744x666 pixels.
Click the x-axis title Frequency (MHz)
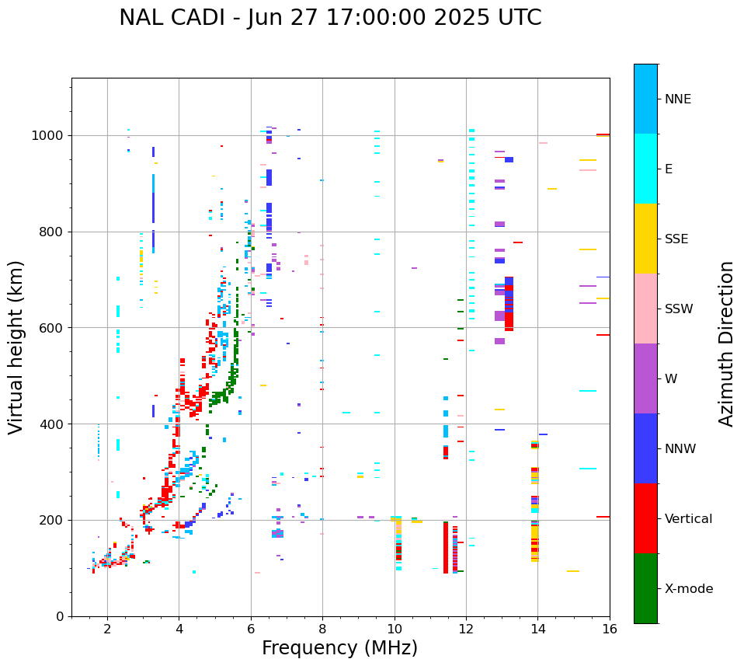pyautogui.click(x=339, y=648)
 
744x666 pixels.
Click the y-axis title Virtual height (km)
pyautogui.click(x=16, y=347)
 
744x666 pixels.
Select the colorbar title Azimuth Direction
pyautogui.click(x=726, y=343)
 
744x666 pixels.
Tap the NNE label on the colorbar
pyautogui.click(x=677, y=99)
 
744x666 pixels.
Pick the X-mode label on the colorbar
pyautogui.click(x=689, y=589)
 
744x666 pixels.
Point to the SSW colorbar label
pyautogui.click(x=679, y=309)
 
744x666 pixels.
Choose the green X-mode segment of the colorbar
pyautogui.click(x=645, y=588)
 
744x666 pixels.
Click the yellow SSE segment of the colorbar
pyautogui.click(x=645, y=239)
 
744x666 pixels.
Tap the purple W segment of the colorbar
pyautogui.click(x=645, y=378)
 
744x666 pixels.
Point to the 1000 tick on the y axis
pyautogui.click(x=48, y=136)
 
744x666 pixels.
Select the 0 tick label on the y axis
pyautogui.click(x=60, y=616)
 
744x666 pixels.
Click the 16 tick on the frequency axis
pyautogui.click(x=610, y=629)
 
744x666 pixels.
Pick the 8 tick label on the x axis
pyautogui.click(x=322, y=629)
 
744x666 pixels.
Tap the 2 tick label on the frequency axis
pyautogui.click(x=107, y=629)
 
